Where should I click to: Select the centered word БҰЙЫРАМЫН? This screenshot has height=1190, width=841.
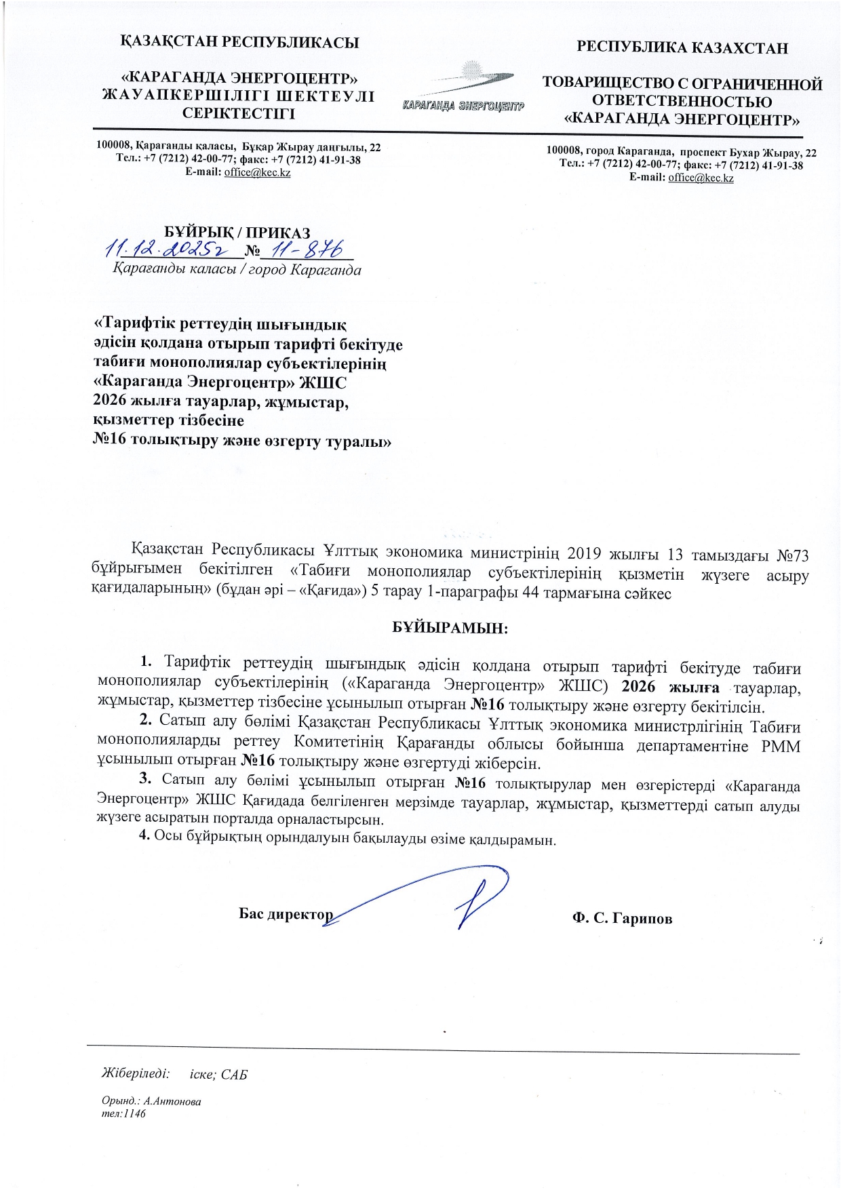tap(450, 627)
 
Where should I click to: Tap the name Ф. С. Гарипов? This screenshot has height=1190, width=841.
tap(622, 919)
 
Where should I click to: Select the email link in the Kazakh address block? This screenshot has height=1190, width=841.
tap(257, 173)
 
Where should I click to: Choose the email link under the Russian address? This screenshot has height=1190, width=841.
tap(701, 178)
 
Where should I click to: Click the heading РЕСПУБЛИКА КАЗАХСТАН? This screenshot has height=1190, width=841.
tap(682, 47)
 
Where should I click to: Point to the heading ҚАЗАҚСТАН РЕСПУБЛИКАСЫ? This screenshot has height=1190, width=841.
tap(239, 42)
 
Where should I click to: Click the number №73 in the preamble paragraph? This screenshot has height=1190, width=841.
tap(791, 554)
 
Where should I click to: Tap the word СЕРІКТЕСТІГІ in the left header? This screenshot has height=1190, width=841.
tap(239, 113)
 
